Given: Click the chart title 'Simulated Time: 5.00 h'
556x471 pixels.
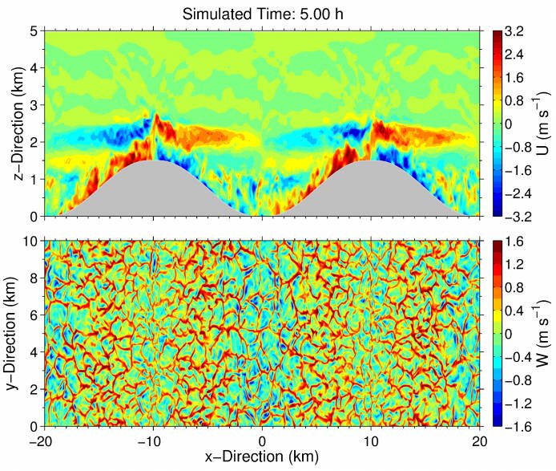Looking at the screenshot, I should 261,13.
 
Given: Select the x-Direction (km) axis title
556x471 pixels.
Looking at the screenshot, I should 261,457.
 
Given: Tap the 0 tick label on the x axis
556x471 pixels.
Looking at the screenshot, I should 261,440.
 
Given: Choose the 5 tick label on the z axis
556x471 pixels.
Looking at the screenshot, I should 34,31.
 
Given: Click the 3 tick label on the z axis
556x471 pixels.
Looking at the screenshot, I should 34,105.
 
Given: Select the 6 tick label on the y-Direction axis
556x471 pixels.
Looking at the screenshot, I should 34,315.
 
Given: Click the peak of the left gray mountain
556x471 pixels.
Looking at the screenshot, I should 152,162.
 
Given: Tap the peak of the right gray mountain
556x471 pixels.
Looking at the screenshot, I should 371,162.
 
